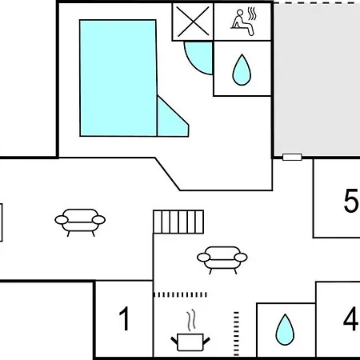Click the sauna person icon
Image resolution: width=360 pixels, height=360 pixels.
tap(242, 22)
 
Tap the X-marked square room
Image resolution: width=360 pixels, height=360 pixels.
tap(193, 22)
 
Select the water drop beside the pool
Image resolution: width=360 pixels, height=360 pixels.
tap(242, 70)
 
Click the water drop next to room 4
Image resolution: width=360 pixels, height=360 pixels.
tap(285, 330)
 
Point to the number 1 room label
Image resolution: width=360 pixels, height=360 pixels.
tap(124, 318)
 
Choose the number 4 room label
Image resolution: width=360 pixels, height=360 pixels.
tap(350, 318)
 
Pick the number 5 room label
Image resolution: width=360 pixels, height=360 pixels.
tap(351, 201)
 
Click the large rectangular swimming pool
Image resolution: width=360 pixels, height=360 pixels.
tap(118, 78)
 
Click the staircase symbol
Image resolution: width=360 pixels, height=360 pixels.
tap(178, 222)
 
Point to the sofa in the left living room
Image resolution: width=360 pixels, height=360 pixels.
tap(80, 222)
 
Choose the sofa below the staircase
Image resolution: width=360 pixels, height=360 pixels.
tap(222, 260)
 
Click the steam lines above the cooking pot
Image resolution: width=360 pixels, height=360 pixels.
tap(191, 320)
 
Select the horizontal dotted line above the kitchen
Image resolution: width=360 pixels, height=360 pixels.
tap(180, 294)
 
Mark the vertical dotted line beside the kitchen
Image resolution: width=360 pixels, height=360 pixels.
tap(236, 334)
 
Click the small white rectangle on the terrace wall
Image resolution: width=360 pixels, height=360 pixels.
tap(292, 157)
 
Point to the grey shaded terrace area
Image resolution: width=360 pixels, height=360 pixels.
tap(317, 80)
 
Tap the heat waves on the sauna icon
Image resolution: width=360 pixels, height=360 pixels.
tap(252, 14)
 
